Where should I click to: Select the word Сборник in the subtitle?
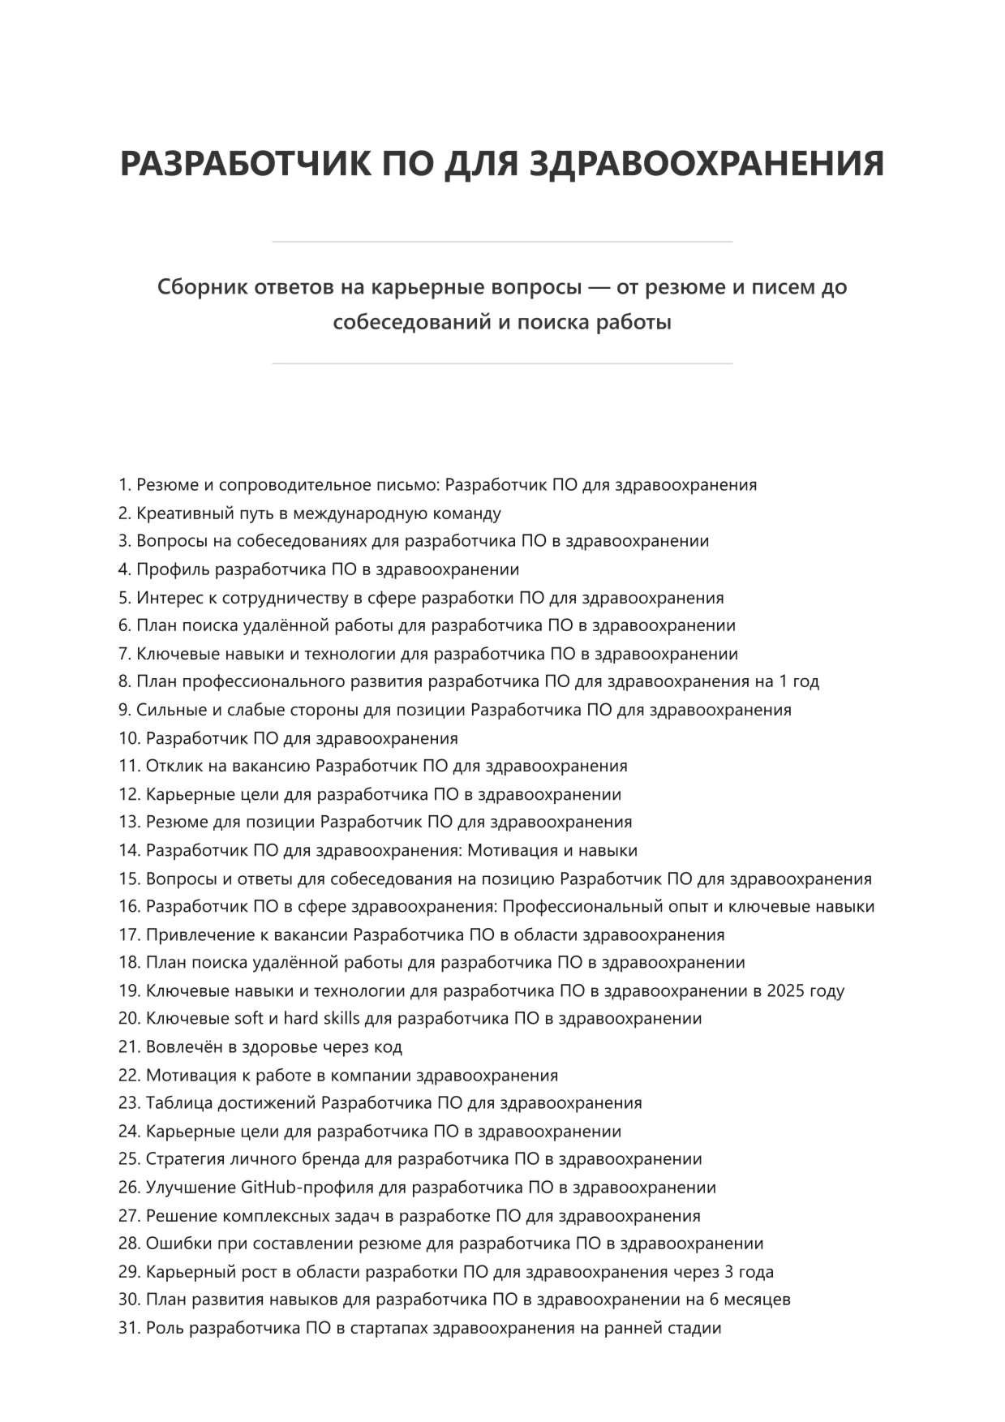click(x=202, y=287)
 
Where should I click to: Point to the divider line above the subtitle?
click(x=502, y=242)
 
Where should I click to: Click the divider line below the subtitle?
click(x=502, y=363)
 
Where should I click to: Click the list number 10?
click(x=129, y=738)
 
